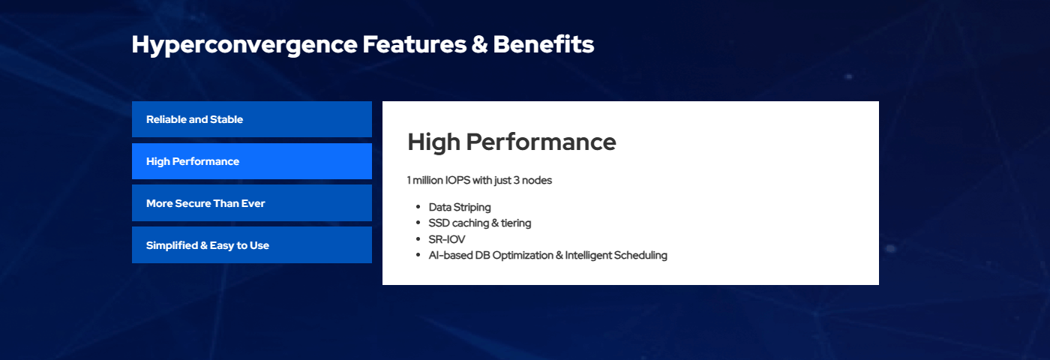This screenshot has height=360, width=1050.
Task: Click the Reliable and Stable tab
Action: pyautogui.click(x=252, y=119)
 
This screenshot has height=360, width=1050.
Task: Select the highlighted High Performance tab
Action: pyautogui.click(x=252, y=161)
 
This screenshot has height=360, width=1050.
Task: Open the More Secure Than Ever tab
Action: pyautogui.click(x=252, y=203)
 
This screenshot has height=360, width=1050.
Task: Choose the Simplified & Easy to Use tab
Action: pyautogui.click(x=252, y=245)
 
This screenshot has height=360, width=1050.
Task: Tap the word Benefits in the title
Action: pyautogui.click(x=543, y=44)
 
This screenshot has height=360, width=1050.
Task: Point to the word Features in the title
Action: pyautogui.click(x=414, y=44)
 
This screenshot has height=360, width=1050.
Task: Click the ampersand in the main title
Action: pyautogui.click(x=479, y=45)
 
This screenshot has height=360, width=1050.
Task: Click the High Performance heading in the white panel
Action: pyautogui.click(x=511, y=142)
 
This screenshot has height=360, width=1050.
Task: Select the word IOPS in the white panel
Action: pyautogui.click(x=457, y=181)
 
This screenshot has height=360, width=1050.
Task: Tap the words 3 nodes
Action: pyautogui.click(x=532, y=181)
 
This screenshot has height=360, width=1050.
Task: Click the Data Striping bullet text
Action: pyautogui.click(x=460, y=208)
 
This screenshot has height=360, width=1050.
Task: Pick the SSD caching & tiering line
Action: pyautogui.click(x=479, y=223)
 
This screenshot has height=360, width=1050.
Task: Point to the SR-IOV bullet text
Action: pyautogui.click(x=447, y=239)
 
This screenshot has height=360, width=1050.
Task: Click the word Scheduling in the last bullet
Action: pyautogui.click(x=640, y=256)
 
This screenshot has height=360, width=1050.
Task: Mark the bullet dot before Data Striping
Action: pyautogui.click(x=418, y=207)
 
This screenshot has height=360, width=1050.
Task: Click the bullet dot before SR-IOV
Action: pyautogui.click(x=418, y=239)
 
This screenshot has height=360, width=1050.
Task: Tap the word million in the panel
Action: pyautogui.click(x=427, y=181)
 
